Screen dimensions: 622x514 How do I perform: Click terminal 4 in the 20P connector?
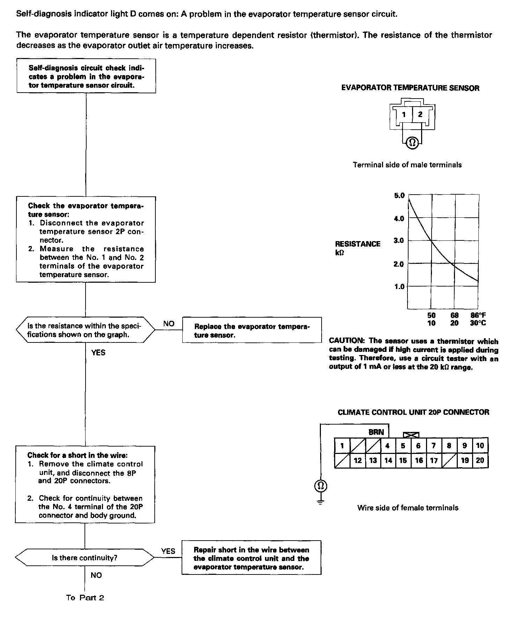tap(388, 446)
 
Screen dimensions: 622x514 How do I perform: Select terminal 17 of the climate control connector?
tap(434, 461)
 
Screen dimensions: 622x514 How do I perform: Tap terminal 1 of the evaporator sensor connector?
tap(404, 114)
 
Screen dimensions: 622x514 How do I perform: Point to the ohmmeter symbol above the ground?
tap(321, 485)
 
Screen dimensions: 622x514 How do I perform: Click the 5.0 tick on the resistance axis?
tap(399, 195)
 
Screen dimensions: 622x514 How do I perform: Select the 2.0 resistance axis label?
tap(399, 264)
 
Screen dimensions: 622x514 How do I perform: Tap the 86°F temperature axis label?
tap(478, 315)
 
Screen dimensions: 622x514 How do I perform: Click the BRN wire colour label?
tap(376, 432)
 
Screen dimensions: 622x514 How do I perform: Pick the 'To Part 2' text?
tap(85, 598)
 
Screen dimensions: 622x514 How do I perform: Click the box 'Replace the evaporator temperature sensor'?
tap(252, 331)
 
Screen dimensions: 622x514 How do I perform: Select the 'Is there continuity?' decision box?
tap(85, 558)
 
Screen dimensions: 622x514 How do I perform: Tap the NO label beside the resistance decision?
tap(169, 324)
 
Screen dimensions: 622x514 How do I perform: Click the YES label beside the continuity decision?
tap(168, 551)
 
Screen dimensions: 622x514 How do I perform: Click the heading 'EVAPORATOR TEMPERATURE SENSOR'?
tap(410, 88)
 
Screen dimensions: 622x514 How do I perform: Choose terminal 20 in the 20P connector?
tap(480, 461)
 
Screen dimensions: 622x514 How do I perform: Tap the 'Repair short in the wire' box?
tap(251, 558)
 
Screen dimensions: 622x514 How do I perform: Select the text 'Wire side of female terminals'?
tap(408, 508)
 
